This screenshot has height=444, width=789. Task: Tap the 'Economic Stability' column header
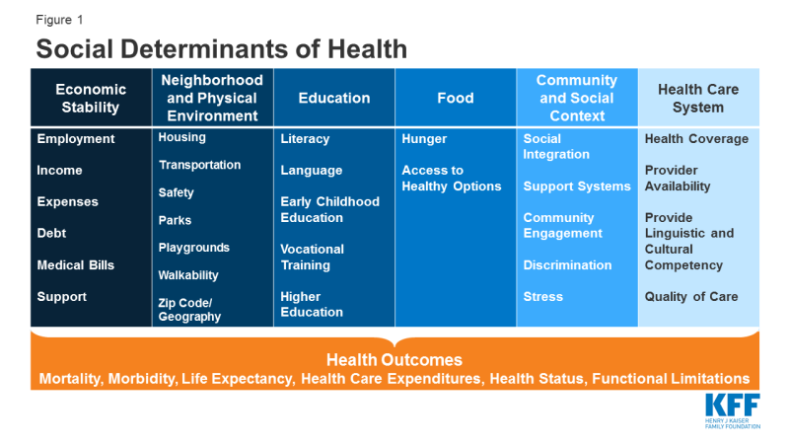91,99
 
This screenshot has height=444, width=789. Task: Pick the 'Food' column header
456,98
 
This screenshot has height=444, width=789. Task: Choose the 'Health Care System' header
699,99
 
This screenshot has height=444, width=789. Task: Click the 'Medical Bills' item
76,265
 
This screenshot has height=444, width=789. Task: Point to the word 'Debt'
52,234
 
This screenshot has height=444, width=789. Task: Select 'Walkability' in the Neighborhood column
188,275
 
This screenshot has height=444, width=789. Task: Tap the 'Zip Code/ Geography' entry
189,310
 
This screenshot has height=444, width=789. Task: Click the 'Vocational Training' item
312,258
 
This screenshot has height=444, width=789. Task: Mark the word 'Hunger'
424,139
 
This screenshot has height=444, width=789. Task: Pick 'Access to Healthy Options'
451,179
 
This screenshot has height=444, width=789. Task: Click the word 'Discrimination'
567,265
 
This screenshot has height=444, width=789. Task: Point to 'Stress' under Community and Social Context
542,297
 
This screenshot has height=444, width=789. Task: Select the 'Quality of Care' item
690,297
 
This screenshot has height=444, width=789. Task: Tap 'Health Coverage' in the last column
696,139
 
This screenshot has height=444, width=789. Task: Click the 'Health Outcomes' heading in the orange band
394,360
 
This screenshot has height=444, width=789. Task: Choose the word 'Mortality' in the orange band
71,379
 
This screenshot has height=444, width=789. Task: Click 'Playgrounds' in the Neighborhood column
193,248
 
